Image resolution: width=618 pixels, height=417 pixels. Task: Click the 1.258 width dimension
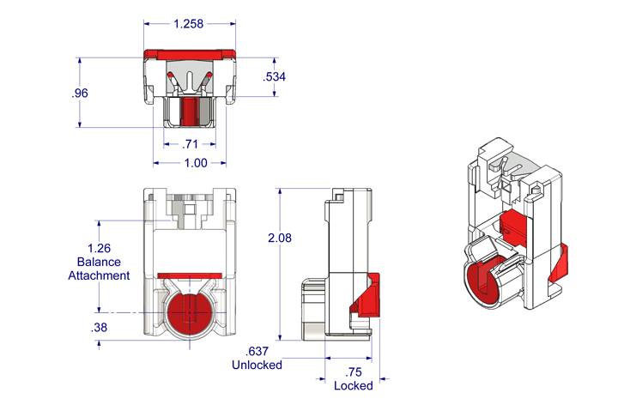[188, 24]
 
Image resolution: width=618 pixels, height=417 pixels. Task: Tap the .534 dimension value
[275, 77]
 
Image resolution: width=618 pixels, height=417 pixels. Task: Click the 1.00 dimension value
[189, 162]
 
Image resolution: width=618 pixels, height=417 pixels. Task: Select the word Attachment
[99, 275]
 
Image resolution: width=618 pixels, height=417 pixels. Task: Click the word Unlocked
[257, 365]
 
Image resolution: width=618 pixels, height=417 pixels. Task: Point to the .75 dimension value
[353, 372]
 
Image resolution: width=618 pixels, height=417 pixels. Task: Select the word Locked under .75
[353, 385]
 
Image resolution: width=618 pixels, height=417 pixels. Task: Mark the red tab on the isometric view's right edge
[560, 262]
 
